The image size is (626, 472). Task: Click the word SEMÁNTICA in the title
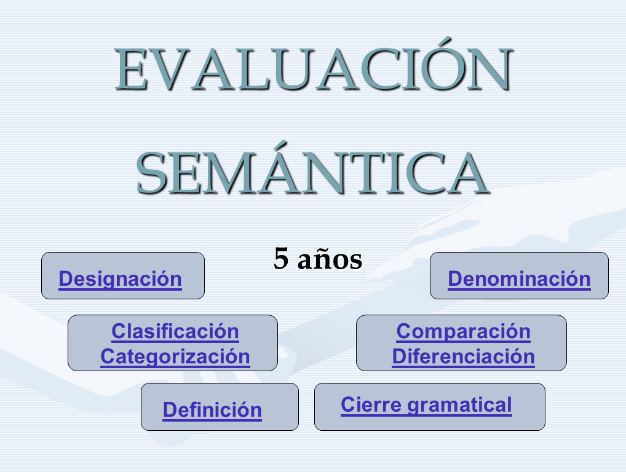(312, 172)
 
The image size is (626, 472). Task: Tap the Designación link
(120, 278)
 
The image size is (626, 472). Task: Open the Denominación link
(519, 278)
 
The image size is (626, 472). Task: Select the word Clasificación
(175, 331)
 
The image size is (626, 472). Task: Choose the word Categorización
(175, 356)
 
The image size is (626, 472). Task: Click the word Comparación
(463, 331)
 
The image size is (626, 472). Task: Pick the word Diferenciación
(463, 356)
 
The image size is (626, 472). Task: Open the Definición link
(212, 410)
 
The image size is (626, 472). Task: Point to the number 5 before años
(281, 259)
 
